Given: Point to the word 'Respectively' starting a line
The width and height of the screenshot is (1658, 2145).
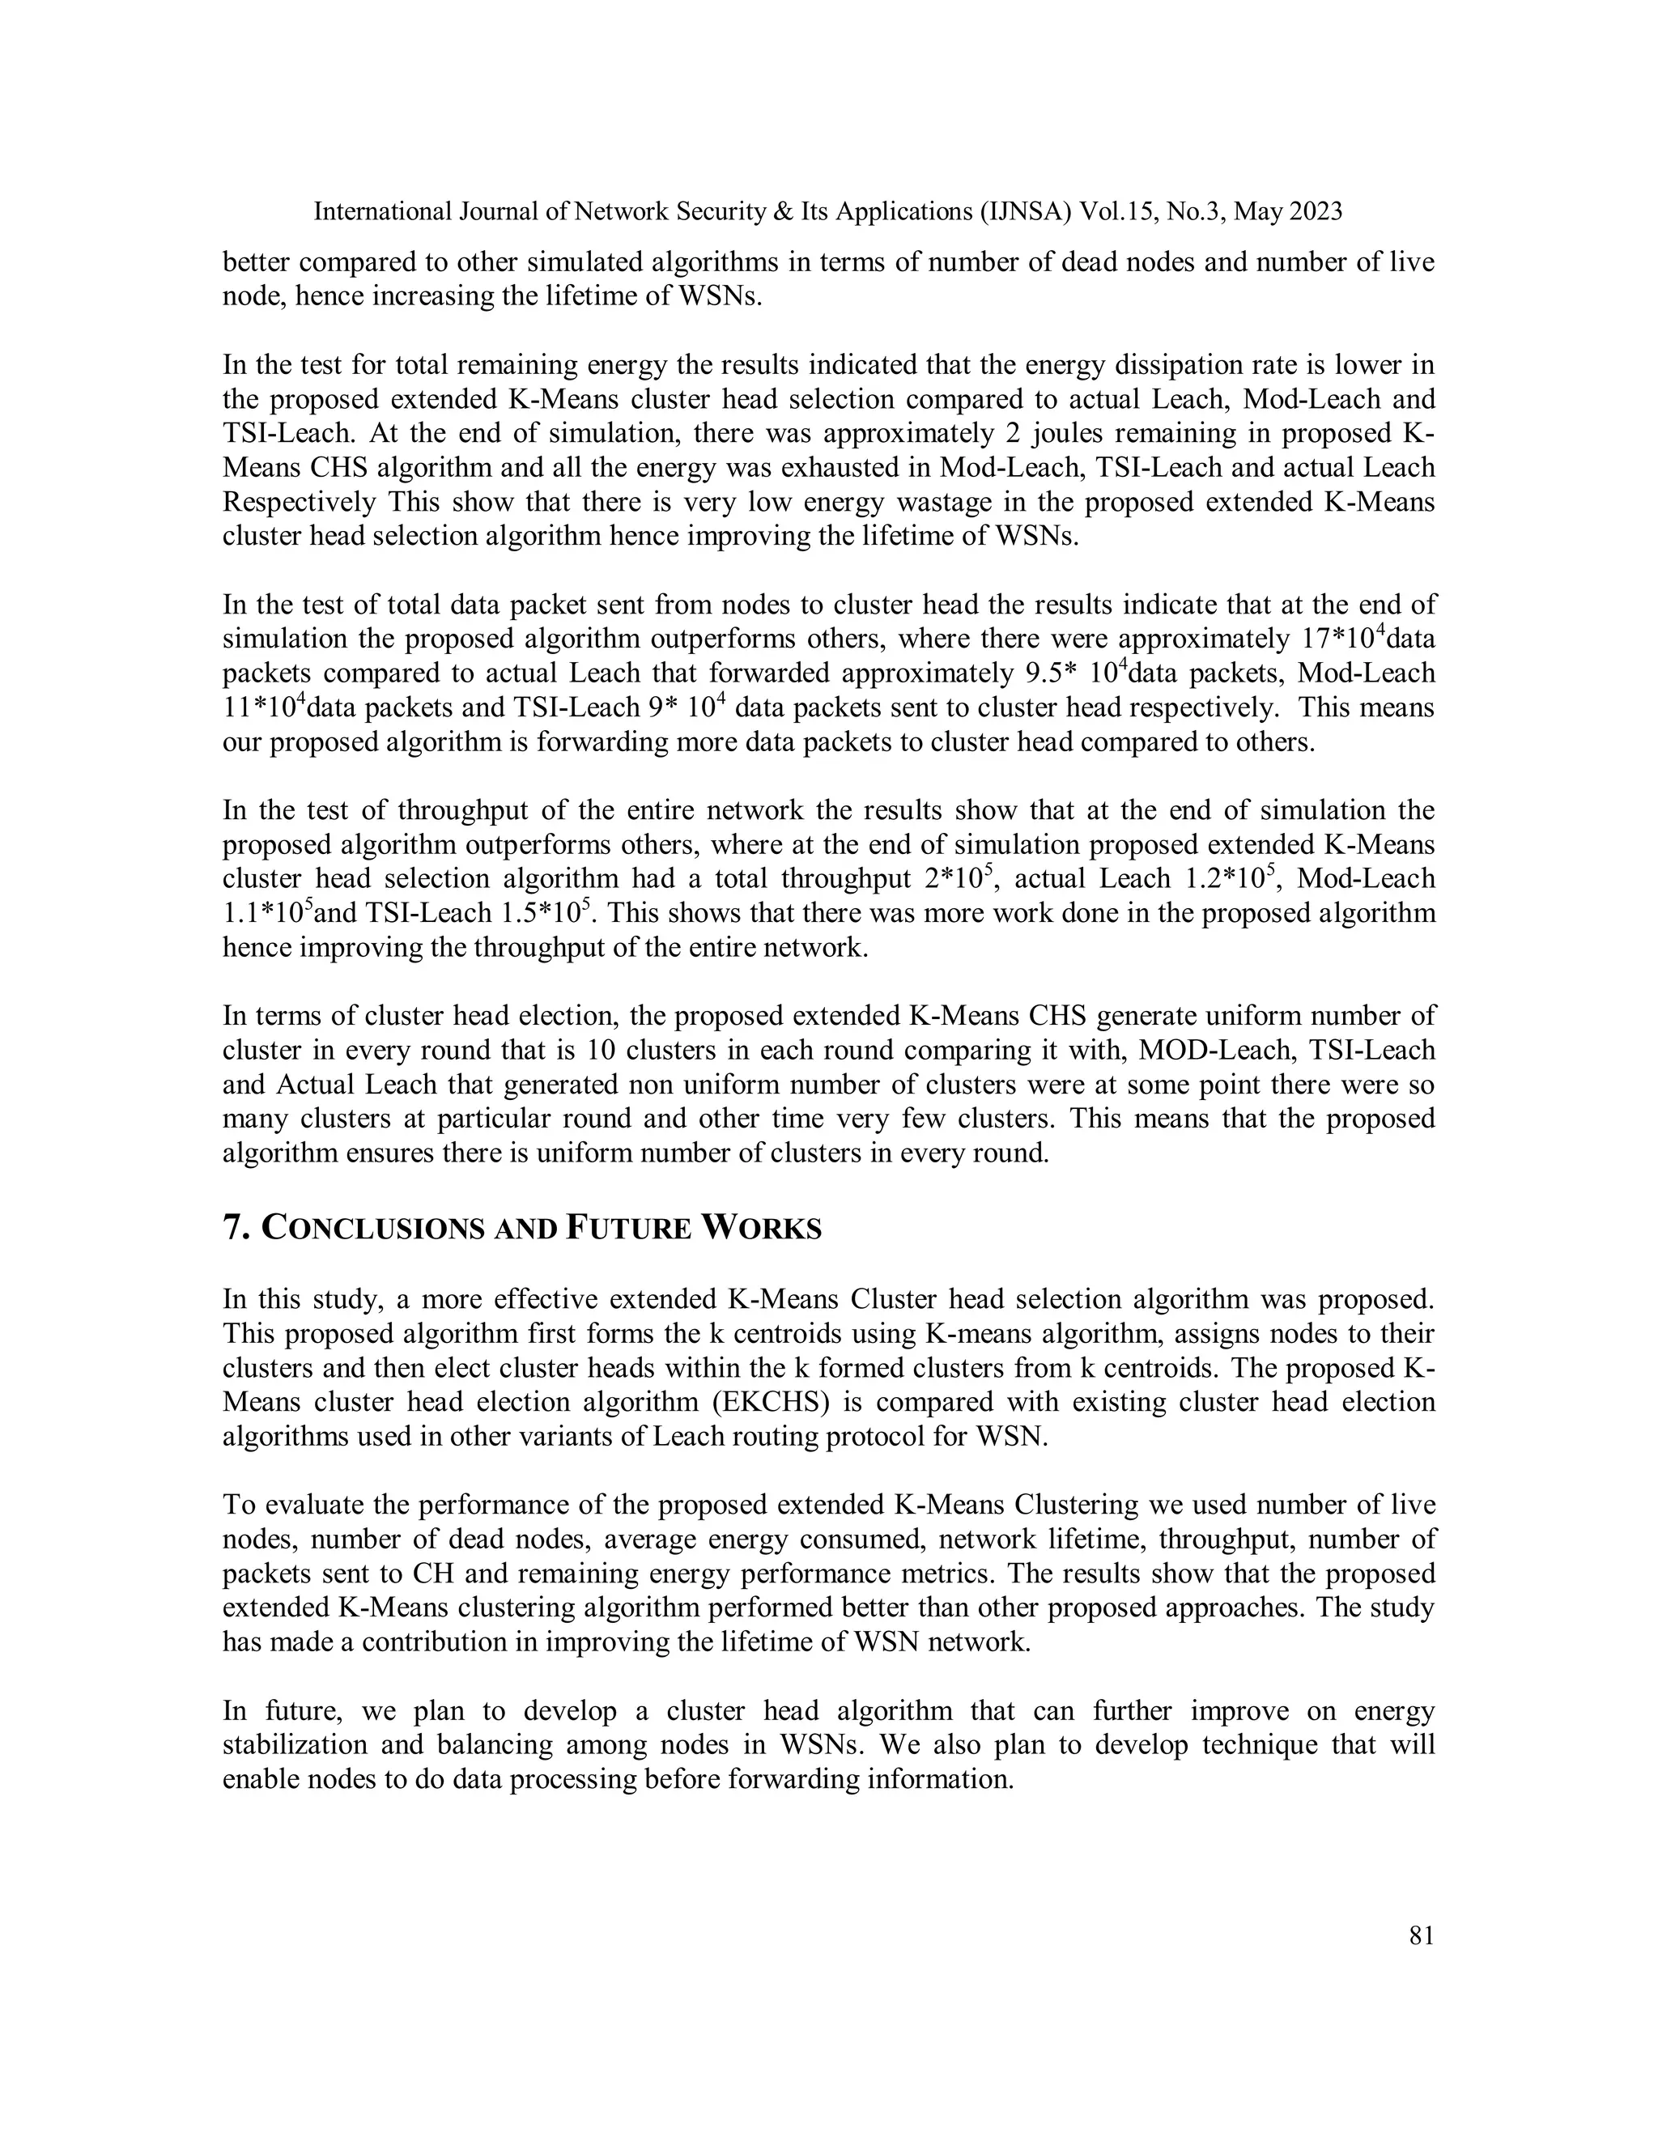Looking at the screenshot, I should [300, 503].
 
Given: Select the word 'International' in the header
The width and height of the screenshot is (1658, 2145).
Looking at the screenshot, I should [381, 212].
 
